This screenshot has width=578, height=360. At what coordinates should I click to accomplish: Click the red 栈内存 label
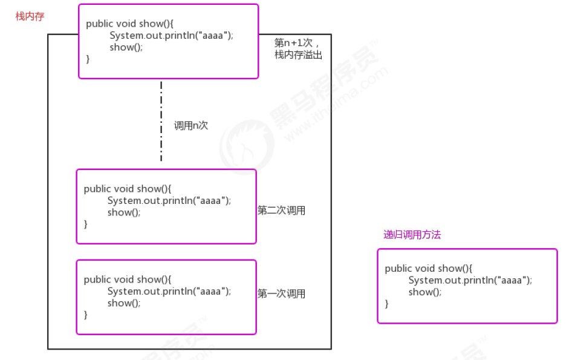tap(30, 16)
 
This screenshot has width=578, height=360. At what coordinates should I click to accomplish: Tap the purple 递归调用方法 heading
tap(412, 235)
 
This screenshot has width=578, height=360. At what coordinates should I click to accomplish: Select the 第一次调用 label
tap(281, 293)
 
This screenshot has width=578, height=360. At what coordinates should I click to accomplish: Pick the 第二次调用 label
tap(281, 211)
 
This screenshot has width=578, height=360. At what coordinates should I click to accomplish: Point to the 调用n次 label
tap(191, 125)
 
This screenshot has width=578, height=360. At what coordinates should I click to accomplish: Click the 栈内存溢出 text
tap(298, 55)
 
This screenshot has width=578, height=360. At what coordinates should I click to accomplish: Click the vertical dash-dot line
tap(161, 121)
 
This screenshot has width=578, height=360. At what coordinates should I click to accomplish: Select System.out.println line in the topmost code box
tap(171, 36)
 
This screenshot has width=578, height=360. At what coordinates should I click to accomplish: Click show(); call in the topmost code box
tap(126, 47)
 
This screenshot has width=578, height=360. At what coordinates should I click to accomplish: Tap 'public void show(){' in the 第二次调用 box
tap(128, 189)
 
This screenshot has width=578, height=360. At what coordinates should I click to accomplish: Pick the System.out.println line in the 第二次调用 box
tap(169, 200)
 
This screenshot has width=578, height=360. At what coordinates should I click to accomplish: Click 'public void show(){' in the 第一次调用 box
tap(128, 280)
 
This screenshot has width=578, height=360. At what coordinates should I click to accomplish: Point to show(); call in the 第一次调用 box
tap(124, 303)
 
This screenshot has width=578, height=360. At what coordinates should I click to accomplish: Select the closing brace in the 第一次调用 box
tap(86, 315)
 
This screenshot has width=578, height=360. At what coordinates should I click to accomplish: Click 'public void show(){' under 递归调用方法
tap(429, 269)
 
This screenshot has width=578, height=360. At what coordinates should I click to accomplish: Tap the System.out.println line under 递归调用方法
tap(470, 280)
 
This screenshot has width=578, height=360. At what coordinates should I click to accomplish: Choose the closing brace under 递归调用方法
tap(387, 304)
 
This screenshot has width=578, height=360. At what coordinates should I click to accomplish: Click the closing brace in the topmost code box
tap(88, 59)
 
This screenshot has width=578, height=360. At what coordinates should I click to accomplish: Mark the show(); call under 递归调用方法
tap(425, 292)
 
